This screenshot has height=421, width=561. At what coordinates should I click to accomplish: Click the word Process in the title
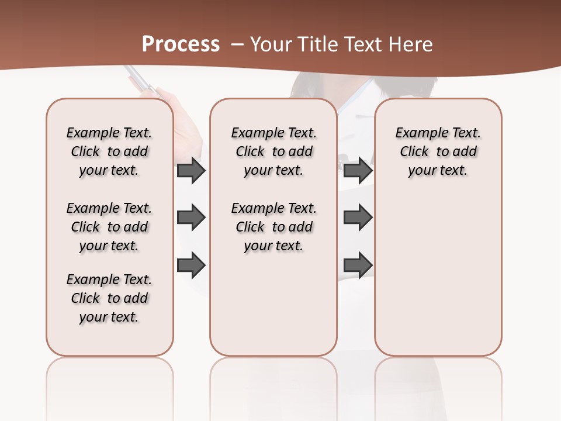coord(181,44)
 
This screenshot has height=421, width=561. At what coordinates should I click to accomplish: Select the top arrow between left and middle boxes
coord(191,171)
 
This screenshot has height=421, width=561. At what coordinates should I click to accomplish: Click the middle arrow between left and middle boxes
coord(191,218)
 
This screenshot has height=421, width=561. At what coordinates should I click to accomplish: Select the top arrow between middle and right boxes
coord(358,171)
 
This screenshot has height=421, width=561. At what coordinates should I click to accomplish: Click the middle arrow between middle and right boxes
coord(358,218)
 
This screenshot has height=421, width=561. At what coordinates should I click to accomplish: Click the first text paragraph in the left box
coord(109,151)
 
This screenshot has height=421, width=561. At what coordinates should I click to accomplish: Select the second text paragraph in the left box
coord(109,227)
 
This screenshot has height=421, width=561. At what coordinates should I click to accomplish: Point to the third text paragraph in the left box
coord(109,298)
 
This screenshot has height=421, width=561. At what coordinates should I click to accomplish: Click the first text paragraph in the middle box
coord(273,151)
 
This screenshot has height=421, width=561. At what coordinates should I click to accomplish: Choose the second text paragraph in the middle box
coord(273,227)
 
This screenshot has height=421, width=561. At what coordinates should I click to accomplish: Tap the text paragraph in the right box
coord(438,151)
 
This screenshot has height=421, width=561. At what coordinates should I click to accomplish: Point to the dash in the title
coord(237,44)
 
